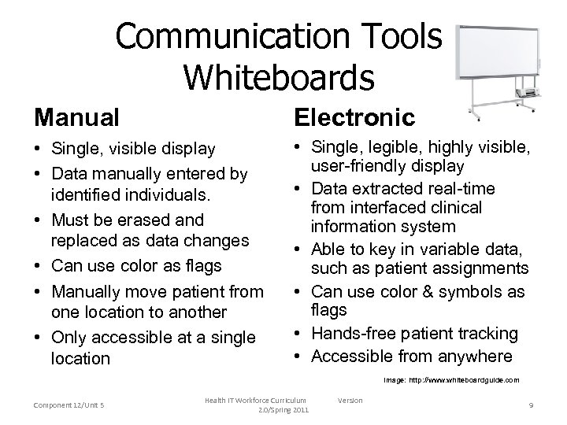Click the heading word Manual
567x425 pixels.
click(76, 117)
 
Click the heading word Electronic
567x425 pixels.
click(354, 117)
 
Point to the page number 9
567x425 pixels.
click(531, 405)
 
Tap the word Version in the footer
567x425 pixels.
click(350, 401)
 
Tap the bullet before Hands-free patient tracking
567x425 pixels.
click(300, 334)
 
